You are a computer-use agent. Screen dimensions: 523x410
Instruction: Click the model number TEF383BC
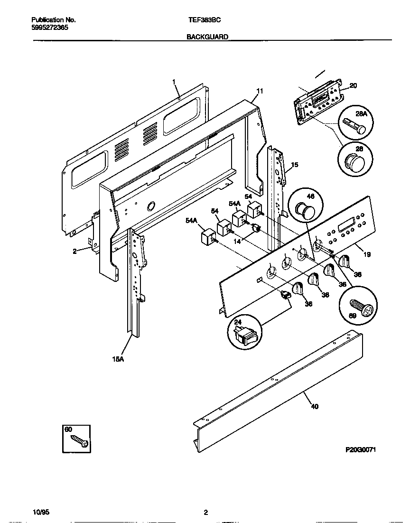point(205,20)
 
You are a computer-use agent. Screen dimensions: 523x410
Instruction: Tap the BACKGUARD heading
point(207,36)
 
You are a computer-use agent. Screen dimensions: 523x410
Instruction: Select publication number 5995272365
point(49,28)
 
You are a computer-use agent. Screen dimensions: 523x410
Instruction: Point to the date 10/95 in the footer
point(41,512)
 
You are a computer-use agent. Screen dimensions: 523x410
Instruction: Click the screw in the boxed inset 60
point(78,442)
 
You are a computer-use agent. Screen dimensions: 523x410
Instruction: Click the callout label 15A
point(118,359)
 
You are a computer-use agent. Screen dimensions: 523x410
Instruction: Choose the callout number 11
point(259,91)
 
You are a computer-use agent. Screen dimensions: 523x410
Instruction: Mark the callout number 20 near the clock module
point(353,85)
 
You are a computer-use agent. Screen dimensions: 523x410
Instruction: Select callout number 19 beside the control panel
point(367,254)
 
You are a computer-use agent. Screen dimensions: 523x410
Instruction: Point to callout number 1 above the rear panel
point(174,82)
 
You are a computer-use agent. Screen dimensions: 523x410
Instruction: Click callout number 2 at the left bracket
point(75,252)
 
